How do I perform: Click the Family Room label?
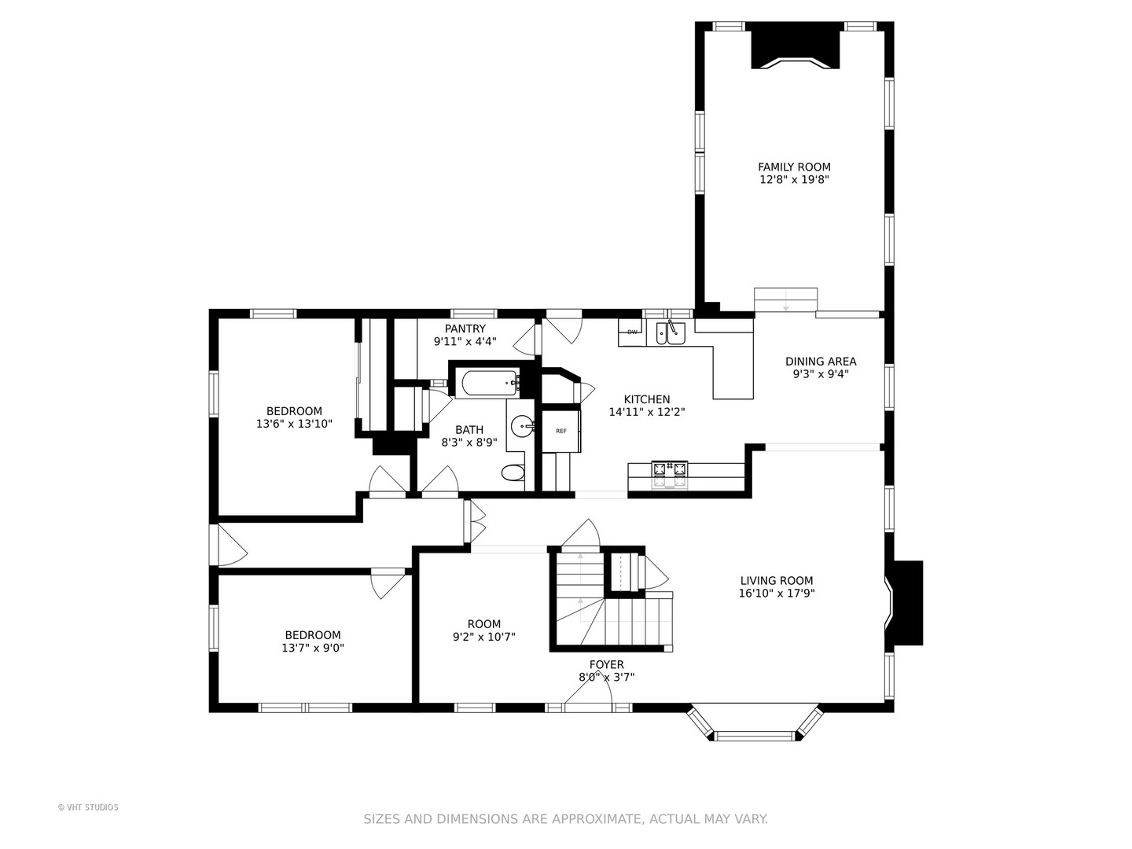coord(794,167)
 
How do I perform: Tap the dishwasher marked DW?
coord(632,332)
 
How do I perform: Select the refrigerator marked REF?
coord(560,431)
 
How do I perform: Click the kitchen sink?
coord(671,333)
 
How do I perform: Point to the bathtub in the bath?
coord(490,384)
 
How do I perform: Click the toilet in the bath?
coord(513,472)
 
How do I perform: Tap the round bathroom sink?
coord(523,426)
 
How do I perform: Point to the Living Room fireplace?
coord(904,603)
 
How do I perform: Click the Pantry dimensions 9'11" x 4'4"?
coord(465,340)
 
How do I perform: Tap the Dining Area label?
coord(821,362)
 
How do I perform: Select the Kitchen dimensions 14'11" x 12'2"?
coord(647,412)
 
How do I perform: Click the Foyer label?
coord(606,664)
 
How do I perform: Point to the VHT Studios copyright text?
coord(88,807)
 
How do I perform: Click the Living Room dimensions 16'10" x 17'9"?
coord(777,593)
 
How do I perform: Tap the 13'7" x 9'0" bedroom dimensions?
coord(313,648)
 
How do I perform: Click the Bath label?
coord(469,429)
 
